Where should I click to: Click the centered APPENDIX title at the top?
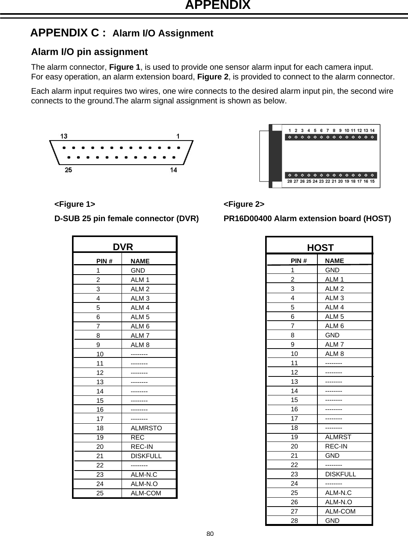click(218, 5)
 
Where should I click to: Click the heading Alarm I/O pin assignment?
click(89, 52)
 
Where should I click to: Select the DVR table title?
click(123, 247)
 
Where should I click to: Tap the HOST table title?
click(320, 248)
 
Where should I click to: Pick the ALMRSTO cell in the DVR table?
click(146, 428)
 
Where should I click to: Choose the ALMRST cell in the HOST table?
click(338, 437)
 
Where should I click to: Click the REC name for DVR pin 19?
click(137, 438)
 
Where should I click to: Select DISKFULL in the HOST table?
click(340, 474)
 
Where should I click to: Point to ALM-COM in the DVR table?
click(146, 493)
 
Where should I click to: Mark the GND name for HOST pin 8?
click(332, 335)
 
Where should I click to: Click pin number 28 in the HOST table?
click(294, 521)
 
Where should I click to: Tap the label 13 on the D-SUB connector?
click(64, 136)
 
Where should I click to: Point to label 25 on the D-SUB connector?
click(68, 170)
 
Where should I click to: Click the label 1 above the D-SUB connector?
click(178, 136)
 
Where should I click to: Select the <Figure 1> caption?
click(75, 204)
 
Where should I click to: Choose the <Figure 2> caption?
click(244, 204)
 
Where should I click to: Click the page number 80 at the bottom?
click(210, 534)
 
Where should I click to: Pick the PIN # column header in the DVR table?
click(104, 262)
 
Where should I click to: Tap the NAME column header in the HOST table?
click(334, 261)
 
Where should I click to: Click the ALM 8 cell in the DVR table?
click(140, 345)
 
